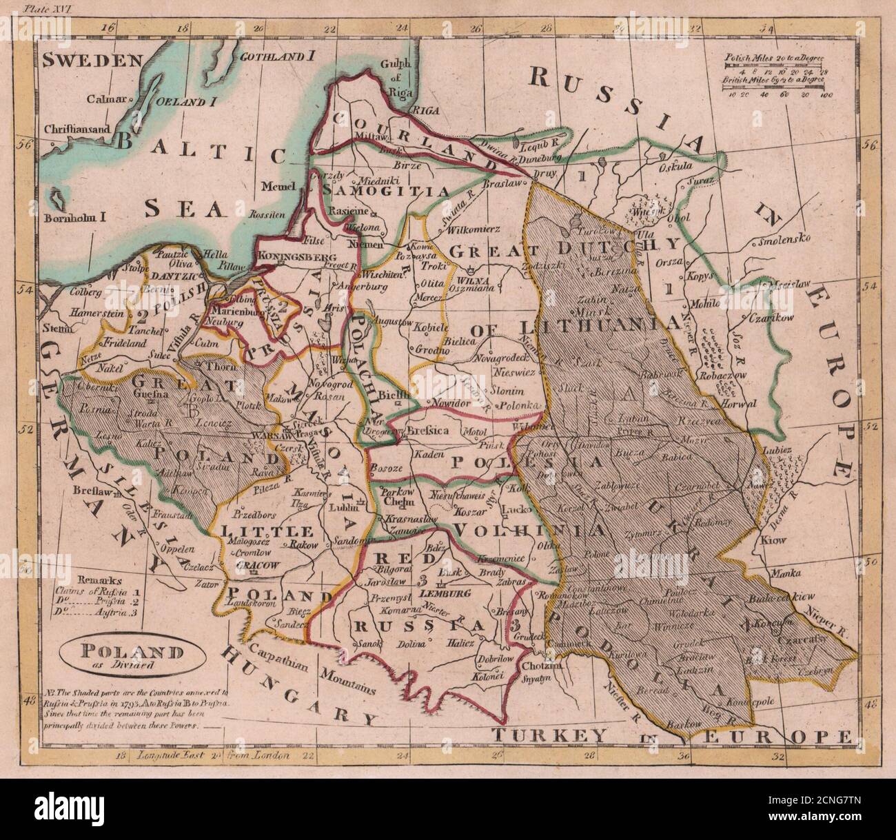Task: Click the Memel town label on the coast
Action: click(279, 186)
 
